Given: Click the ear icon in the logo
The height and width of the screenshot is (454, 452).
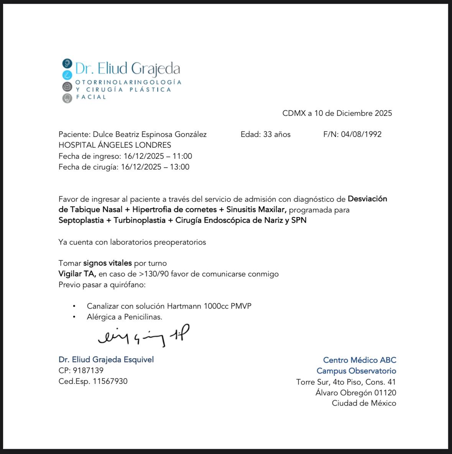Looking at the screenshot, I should (67, 63).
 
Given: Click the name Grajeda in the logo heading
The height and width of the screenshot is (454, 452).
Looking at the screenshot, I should (155, 69).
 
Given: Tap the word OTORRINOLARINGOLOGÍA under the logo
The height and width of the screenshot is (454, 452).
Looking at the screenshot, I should (128, 82).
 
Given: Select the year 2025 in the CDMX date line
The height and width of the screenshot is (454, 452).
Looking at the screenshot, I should (383, 113).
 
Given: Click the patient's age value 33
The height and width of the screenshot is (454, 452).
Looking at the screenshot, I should (267, 134).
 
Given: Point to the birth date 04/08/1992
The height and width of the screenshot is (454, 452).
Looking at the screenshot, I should (361, 134).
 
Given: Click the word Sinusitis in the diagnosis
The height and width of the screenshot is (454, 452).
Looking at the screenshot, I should (241, 210).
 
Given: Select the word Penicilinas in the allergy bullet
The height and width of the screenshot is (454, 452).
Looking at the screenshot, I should (143, 317).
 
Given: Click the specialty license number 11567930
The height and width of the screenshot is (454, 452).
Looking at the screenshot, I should (110, 381).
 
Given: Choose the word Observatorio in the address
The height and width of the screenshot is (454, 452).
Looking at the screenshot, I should (372, 371).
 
